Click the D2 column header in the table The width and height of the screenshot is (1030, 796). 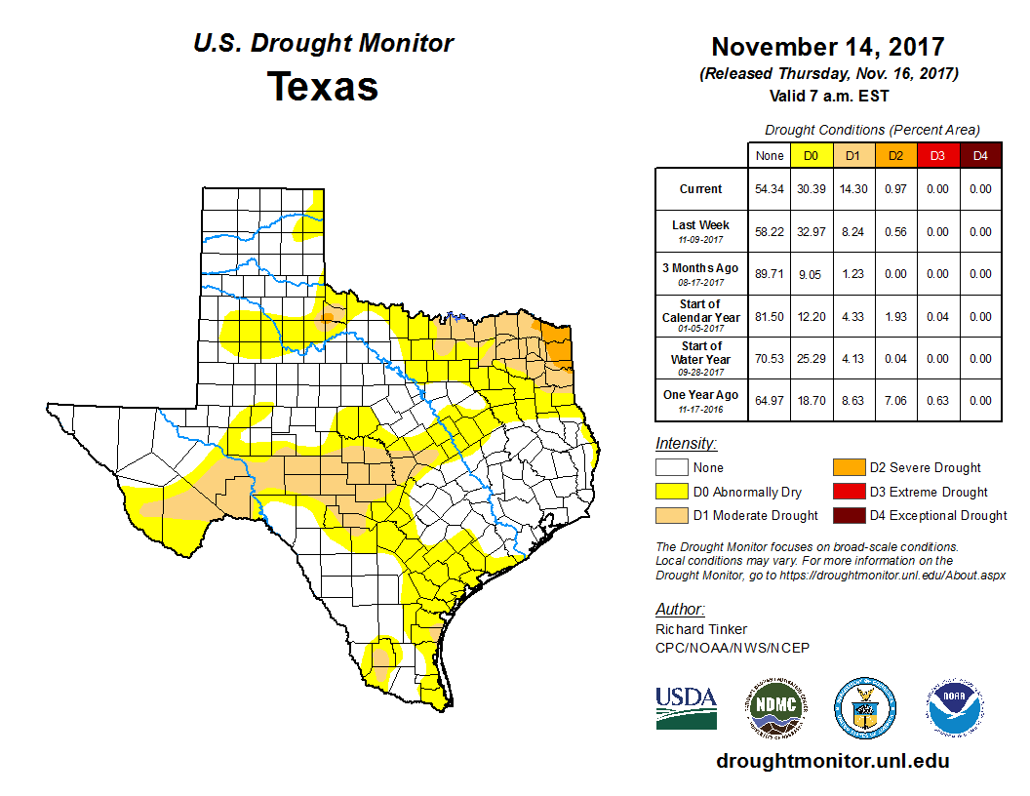pos(894,155)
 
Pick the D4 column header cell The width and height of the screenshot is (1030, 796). pos(979,155)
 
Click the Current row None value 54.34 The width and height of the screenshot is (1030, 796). pos(770,189)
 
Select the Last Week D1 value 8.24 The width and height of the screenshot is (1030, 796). pos(852,232)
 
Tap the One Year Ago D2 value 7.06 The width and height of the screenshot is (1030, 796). pos(894,401)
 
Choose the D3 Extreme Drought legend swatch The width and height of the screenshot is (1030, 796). pos(847,492)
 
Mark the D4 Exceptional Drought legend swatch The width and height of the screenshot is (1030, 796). pos(847,515)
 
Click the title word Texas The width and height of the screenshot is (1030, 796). pos(323,87)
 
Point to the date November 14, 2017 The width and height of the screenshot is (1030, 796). pos(827,47)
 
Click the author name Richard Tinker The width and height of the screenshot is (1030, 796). pos(701,629)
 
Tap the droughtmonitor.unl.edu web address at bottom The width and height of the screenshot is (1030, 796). pos(832,761)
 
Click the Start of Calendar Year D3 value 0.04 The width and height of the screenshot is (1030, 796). pos(936,317)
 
